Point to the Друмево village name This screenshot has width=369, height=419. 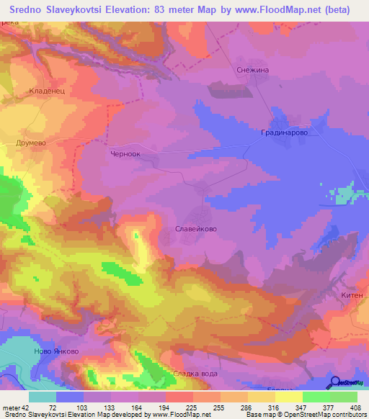coord(31,143)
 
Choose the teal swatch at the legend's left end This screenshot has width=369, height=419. coord(43,397)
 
